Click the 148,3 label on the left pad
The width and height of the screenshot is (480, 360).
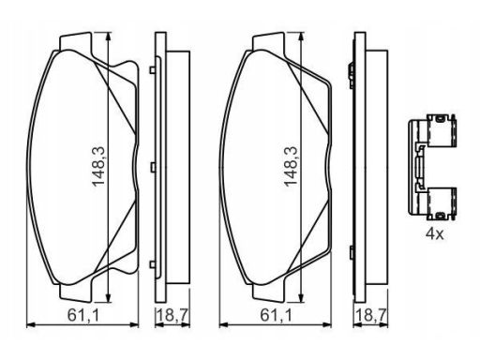(98, 167)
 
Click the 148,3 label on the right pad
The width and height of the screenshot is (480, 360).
(291, 167)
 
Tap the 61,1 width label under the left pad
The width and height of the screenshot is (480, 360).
(83, 315)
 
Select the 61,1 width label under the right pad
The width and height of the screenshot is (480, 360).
(276, 315)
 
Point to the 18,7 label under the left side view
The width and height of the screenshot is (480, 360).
(172, 315)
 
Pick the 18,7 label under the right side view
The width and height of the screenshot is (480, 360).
(371, 315)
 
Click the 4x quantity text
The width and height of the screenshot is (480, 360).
(434, 233)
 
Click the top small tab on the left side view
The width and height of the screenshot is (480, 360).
(153, 70)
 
